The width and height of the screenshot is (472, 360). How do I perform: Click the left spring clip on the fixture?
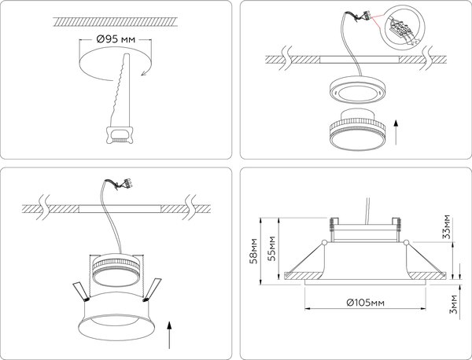pos(80,292)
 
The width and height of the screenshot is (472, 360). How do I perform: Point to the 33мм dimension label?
pos(446,226)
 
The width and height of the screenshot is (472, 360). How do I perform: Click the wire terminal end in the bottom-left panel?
pos(123,186)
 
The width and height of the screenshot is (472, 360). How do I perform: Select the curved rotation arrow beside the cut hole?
pos(144,73)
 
